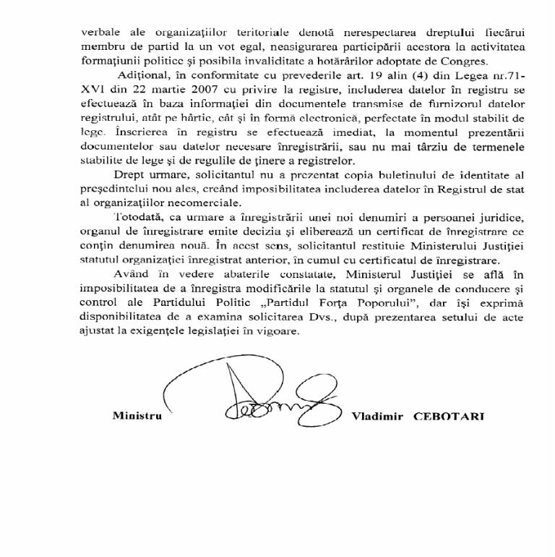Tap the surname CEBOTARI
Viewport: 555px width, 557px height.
point(448,417)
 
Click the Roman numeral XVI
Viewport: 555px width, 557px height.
point(90,91)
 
